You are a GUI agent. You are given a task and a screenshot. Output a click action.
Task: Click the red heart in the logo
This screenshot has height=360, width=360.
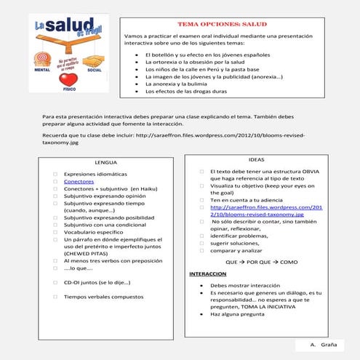(x=67, y=78)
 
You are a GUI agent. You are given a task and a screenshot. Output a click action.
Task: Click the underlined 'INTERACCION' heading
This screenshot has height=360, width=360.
(x=208, y=274)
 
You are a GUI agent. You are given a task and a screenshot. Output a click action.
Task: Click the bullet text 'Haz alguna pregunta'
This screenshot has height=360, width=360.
(x=238, y=314)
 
